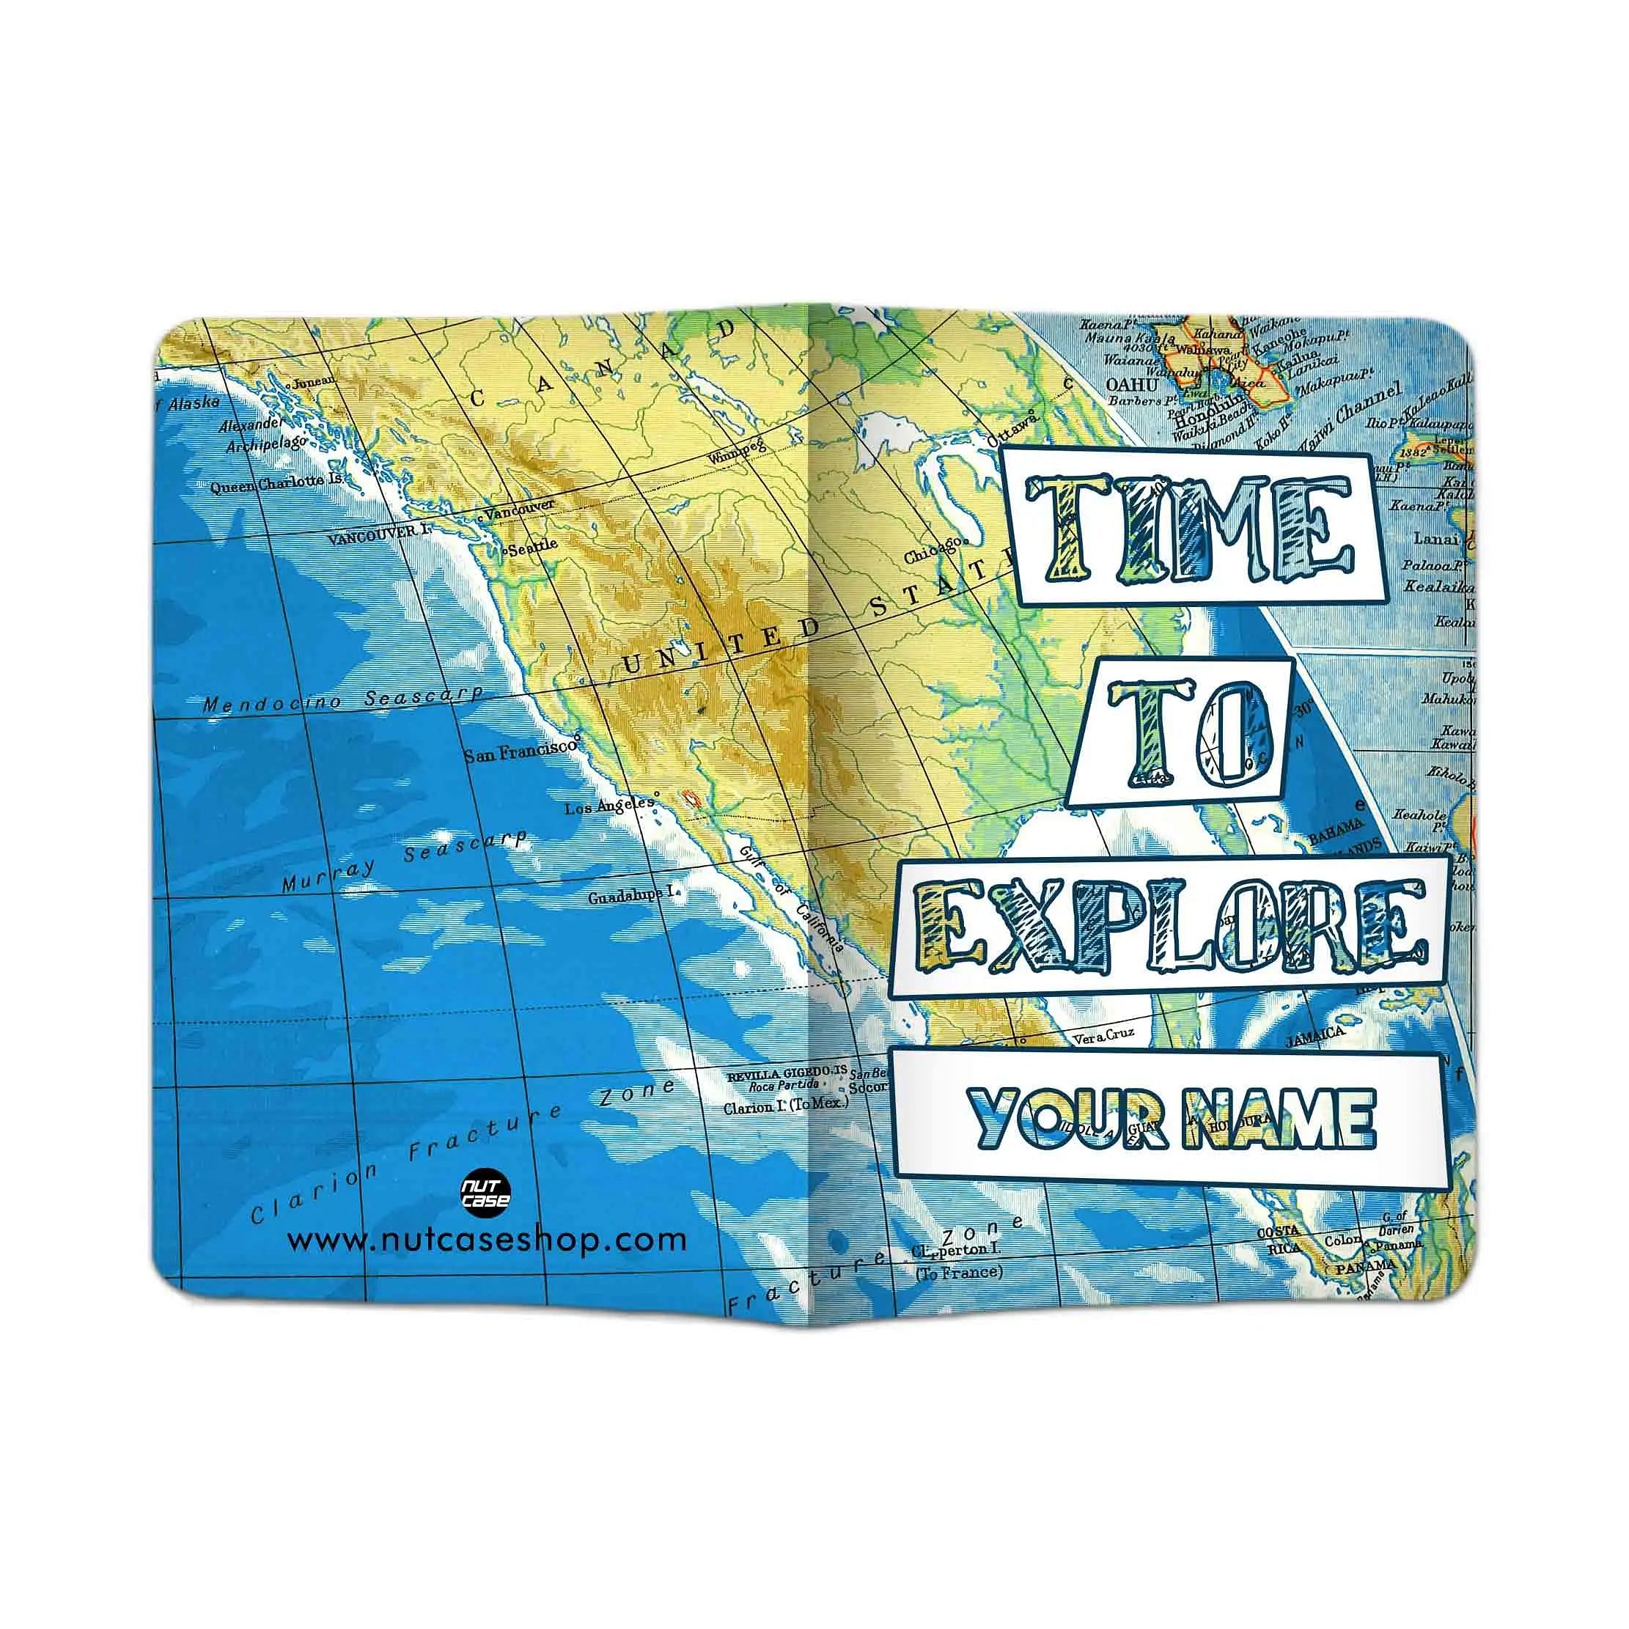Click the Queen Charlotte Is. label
(x=276, y=484)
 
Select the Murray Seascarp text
(x=405, y=860)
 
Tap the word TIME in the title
(x=1189, y=529)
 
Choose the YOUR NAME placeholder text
(x=1172, y=1118)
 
